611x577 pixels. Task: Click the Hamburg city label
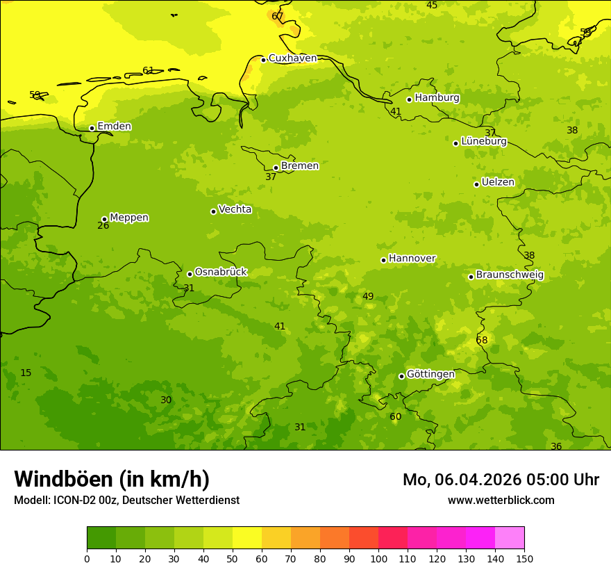pyautogui.click(x=437, y=98)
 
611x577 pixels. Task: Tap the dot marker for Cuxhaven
pyautogui.click(x=263, y=60)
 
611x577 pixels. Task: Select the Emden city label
pyautogui.click(x=114, y=127)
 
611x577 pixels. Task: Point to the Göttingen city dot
pyautogui.click(x=401, y=376)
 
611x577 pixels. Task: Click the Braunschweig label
pyautogui.click(x=510, y=275)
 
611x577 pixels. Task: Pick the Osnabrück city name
pyautogui.click(x=221, y=272)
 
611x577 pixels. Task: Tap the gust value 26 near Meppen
pyautogui.click(x=103, y=226)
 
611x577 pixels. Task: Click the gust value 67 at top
pyautogui.click(x=277, y=16)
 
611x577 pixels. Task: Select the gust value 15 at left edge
pyautogui.click(x=26, y=373)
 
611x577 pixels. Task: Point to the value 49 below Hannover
pyautogui.click(x=368, y=297)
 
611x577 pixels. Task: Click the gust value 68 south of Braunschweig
pyautogui.click(x=482, y=341)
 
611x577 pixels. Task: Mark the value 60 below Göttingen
pyautogui.click(x=395, y=417)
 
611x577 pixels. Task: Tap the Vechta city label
pyautogui.click(x=235, y=209)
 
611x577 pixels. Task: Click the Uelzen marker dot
pyautogui.click(x=476, y=184)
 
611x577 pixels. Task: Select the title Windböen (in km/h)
pyautogui.click(x=112, y=479)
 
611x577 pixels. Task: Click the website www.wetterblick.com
pyautogui.click(x=501, y=501)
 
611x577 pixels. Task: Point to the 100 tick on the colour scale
pyautogui.click(x=378, y=558)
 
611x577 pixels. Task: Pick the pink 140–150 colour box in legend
pyautogui.click(x=509, y=538)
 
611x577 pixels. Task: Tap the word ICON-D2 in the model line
pyautogui.click(x=74, y=501)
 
